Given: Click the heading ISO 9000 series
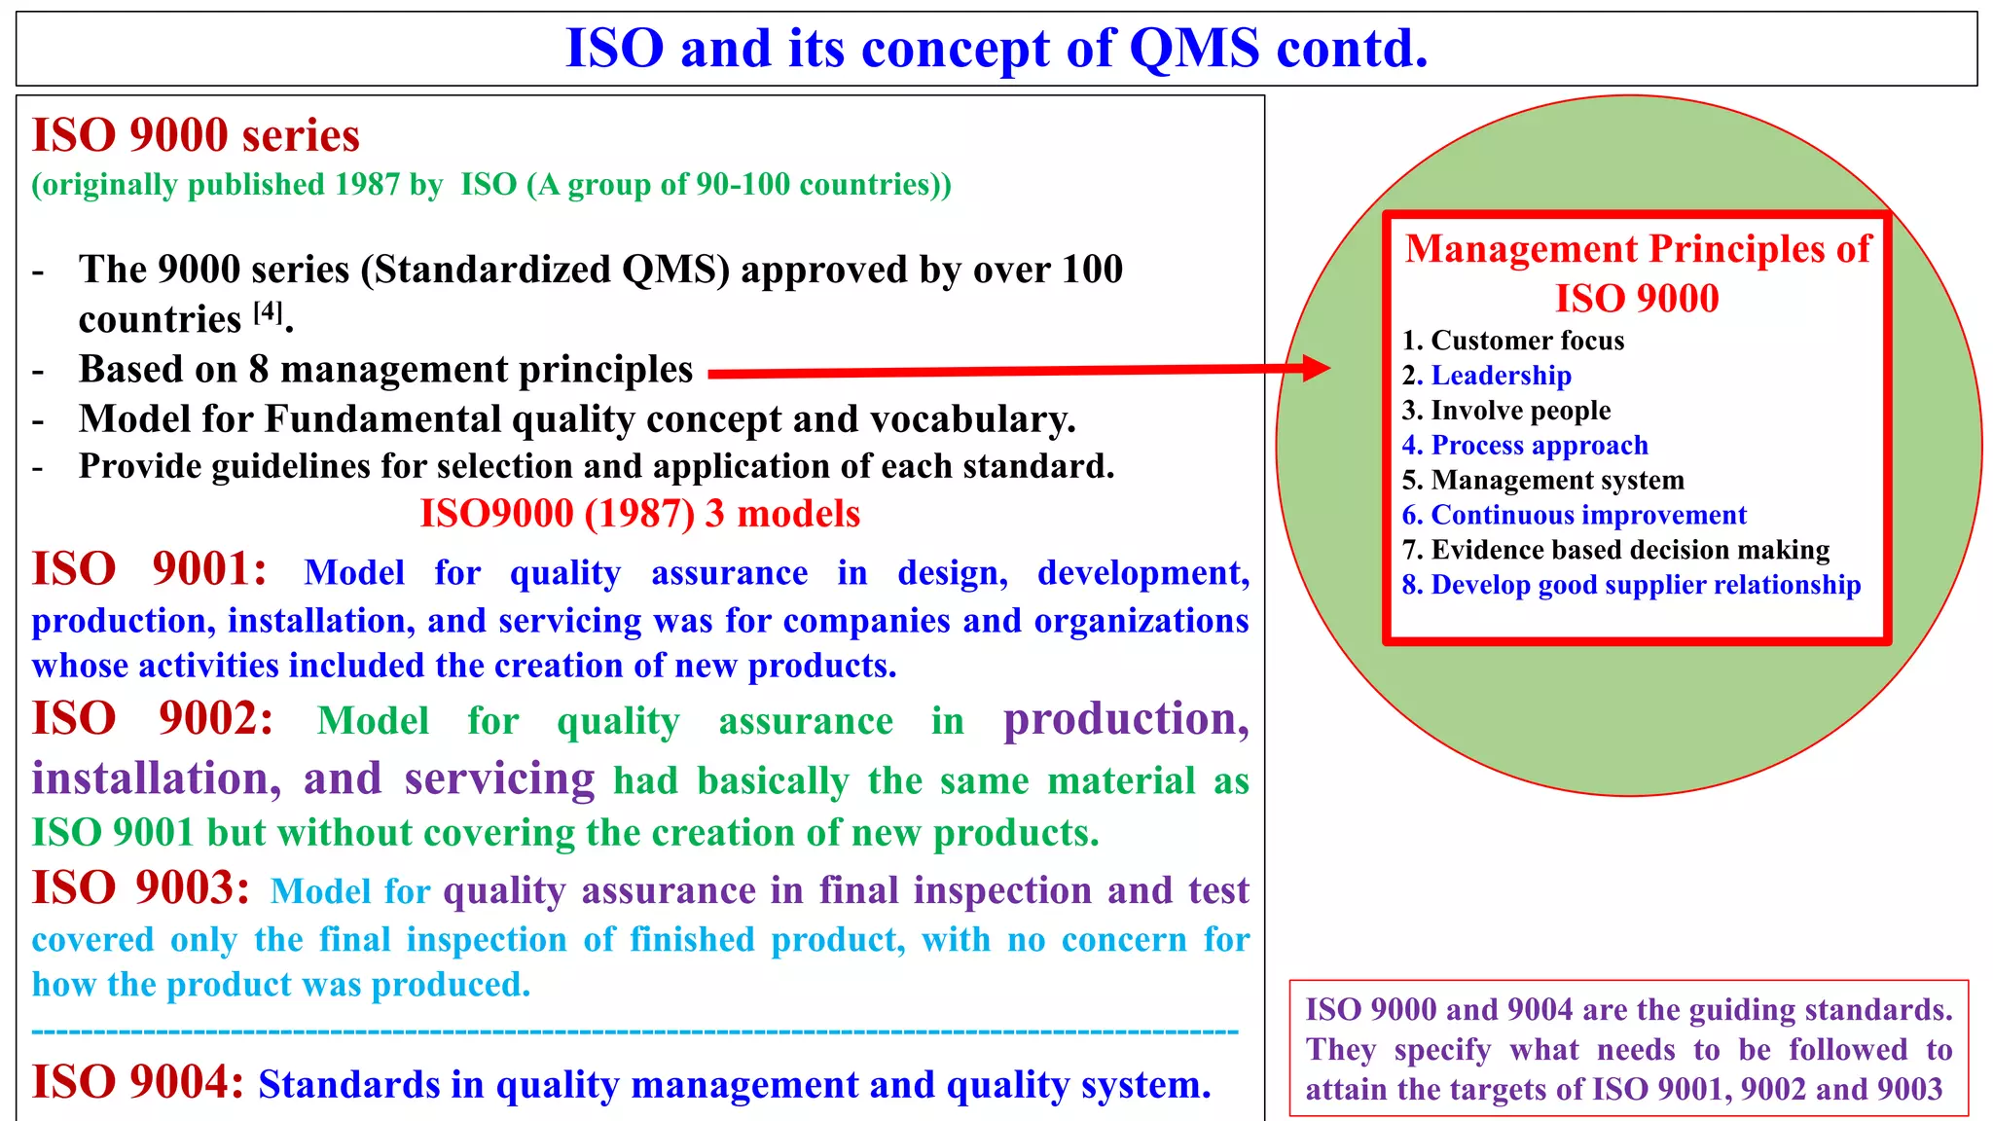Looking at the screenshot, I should coord(196,135).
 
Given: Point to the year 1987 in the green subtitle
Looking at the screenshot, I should coord(367,185).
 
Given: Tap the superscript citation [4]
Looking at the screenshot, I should coord(268,311).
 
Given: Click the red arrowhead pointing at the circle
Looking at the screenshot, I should coord(1316,368).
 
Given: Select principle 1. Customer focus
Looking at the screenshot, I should coord(1512,341).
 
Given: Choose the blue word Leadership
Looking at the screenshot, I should coord(1501,376).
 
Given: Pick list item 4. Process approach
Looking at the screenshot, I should coord(1524,446).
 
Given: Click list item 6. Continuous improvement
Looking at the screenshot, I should coord(1574,515).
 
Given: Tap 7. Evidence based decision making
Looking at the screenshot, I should coord(1615,550).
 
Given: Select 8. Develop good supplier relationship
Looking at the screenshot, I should coord(1631,585).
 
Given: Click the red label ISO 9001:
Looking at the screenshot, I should coord(149,569).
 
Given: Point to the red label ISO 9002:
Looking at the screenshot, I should coord(153,719).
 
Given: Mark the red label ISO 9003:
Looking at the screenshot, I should coord(141,888).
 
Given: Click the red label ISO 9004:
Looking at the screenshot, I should coord(137,1082).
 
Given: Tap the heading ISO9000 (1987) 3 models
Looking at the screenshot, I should coord(639,514).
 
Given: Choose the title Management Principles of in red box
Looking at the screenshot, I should coord(1637,249).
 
